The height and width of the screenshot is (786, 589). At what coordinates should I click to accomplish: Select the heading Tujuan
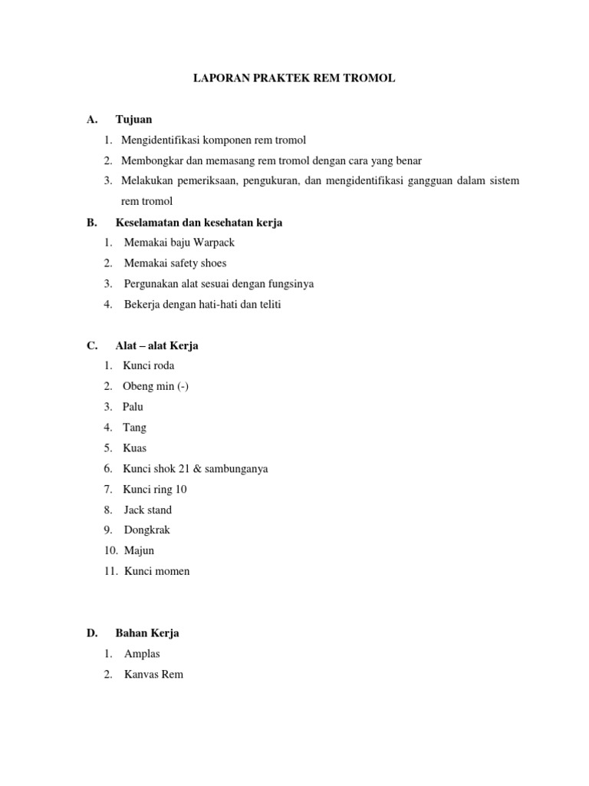pos(133,119)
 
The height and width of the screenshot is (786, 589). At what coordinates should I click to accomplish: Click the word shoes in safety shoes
pos(211,263)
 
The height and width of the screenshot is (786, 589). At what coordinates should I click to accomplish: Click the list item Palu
pos(133,407)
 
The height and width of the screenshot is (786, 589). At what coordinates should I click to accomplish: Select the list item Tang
pos(134,428)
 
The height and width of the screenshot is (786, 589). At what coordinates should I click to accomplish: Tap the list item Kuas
pos(134,448)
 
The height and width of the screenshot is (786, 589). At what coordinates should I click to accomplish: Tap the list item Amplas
pos(142,655)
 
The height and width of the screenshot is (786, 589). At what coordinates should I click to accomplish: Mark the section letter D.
pos(91,634)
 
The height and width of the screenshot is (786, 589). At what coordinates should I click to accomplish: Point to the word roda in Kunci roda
pos(163,366)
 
